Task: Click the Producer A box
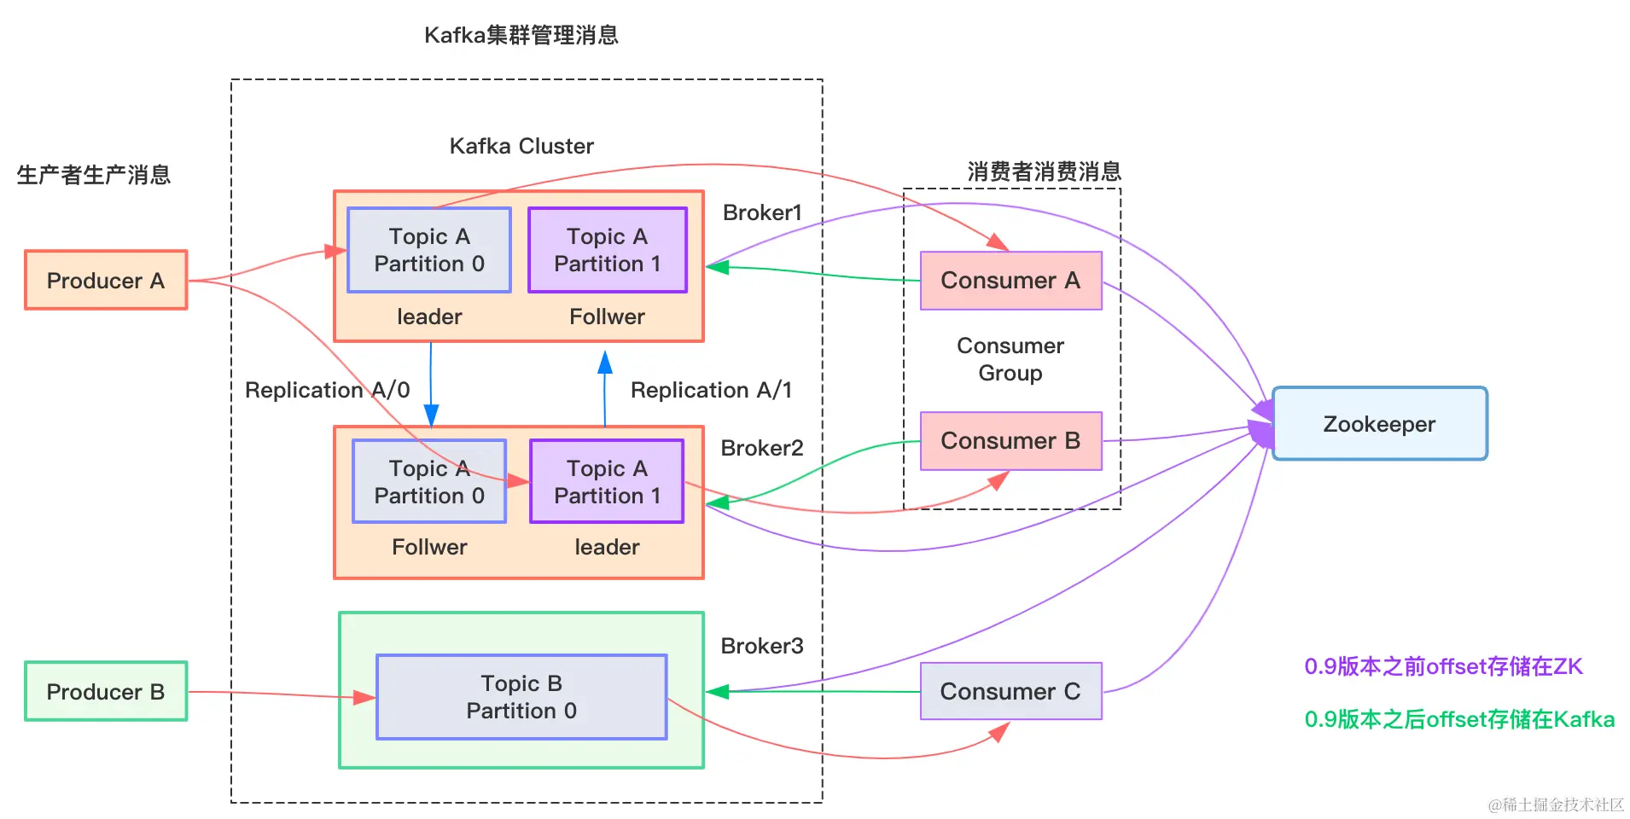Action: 106,280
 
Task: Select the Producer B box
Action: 106,691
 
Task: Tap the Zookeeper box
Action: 1379,424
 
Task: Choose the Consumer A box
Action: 1010,281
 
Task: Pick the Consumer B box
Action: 1010,441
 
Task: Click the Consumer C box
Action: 1010,691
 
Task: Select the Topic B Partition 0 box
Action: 521,697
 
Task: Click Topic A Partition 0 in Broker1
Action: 429,250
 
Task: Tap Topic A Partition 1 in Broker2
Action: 607,482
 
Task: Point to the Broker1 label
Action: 762,212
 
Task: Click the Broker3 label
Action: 762,646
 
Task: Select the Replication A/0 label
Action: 327,390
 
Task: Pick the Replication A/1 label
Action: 711,390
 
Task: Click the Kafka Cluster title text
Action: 521,146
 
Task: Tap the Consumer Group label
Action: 1010,359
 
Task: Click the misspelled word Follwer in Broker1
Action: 607,317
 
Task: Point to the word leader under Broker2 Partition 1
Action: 607,547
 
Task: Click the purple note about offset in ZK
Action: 1443,666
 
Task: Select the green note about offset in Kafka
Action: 1459,719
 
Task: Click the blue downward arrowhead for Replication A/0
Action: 431,415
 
